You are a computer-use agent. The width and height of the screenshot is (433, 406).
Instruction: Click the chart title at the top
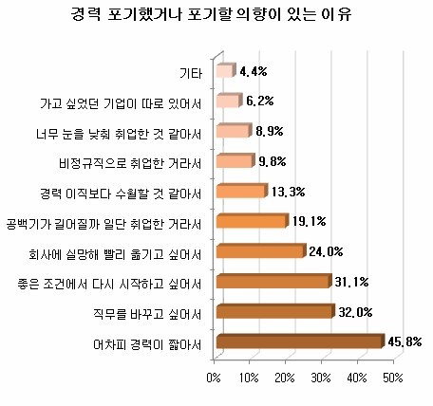(211, 14)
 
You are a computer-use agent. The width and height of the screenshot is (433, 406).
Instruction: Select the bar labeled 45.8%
(301, 341)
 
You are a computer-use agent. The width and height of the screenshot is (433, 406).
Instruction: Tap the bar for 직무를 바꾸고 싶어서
(275, 311)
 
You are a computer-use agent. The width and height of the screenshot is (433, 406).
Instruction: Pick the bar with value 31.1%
(274, 281)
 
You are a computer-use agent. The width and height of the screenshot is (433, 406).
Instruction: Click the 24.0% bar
(261, 250)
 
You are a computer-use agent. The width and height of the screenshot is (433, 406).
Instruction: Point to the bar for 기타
(226, 70)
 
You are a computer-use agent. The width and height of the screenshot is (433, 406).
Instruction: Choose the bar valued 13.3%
(242, 191)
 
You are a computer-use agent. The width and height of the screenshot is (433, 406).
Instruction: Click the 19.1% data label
(309, 221)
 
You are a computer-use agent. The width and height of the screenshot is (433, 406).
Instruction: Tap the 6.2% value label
(260, 101)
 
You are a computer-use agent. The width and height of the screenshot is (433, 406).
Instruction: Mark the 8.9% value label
(270, 131)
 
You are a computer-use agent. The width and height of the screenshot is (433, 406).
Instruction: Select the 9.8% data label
(273, 161)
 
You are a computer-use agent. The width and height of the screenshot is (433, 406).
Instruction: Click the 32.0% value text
(355, 312)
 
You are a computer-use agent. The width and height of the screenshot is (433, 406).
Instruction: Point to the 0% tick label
(214, 378)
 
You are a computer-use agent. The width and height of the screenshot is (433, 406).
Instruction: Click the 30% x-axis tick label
(321, 378)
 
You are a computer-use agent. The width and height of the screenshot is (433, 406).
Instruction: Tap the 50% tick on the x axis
(393, 378)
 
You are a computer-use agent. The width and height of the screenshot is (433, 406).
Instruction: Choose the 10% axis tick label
(249, 378)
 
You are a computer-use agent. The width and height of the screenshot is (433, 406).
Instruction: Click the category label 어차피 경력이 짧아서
(147, 344)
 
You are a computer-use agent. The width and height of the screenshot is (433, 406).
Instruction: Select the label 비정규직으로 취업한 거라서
(130, 163)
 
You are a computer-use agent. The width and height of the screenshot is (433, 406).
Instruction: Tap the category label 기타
(191, 73)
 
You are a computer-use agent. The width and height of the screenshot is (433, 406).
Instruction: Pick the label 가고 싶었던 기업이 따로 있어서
(121, 103)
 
